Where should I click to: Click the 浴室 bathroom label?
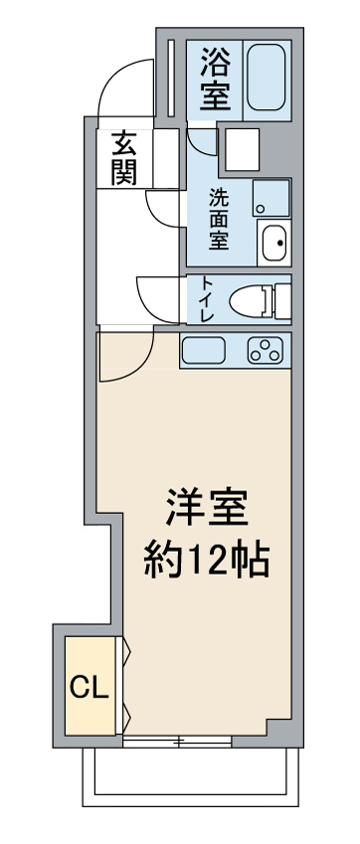click(x=215, y=79)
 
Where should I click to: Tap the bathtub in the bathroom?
click(x=267, y=78)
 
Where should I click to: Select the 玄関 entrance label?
click(x=123, y=158)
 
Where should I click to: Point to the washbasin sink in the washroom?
click(x=274, y=243)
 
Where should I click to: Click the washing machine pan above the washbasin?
click(x=271, y=198)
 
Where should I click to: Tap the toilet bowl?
click(x=253, y=300)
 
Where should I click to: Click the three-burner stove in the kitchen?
click(x=265, y=350)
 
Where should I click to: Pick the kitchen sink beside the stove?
click(x=204, y=350)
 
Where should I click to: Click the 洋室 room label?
click(x=207, y=508)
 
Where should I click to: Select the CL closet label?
click(x=89, y=686)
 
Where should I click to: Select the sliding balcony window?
click(x=177, y=742)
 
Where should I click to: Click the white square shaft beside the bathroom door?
click(x=242, y=150)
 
